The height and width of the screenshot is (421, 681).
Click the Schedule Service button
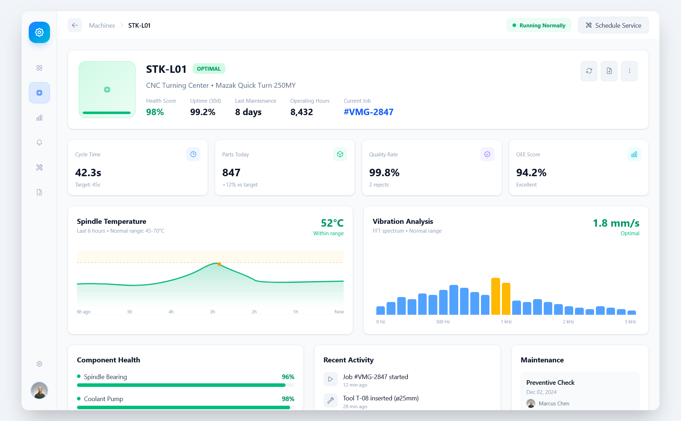613,25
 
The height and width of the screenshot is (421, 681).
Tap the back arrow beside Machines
75,25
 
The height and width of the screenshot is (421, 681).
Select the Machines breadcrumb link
102,26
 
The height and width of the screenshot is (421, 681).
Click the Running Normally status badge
539,25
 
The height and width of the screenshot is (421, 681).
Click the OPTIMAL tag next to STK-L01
209,69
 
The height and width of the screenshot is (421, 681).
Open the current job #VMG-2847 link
369,112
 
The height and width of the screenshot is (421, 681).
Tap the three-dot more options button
629,71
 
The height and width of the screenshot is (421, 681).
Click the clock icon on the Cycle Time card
193,154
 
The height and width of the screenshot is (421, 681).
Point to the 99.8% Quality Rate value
384,173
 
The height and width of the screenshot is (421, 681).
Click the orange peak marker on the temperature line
219,264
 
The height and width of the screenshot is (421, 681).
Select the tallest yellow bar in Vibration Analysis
495,296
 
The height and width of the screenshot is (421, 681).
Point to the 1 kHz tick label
506,322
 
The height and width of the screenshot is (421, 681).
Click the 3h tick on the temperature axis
212,312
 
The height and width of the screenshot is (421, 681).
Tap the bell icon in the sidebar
39,142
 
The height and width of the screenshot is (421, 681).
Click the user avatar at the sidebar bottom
39,390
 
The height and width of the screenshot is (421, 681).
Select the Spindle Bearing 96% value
288,377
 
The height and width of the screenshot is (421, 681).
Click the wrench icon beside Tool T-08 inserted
331,400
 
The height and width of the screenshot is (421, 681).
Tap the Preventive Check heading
550,383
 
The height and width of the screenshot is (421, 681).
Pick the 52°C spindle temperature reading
332,223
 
